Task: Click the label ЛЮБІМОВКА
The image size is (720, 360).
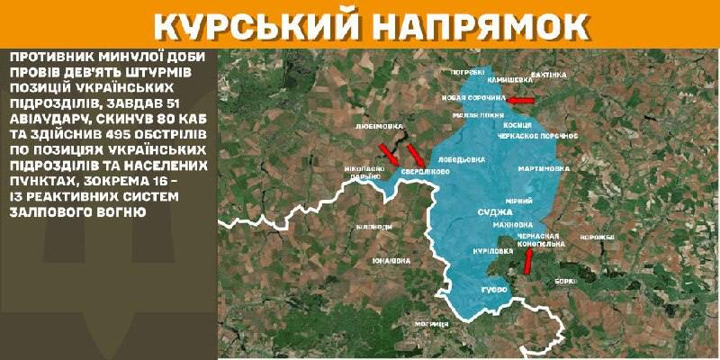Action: [x=378, y=126]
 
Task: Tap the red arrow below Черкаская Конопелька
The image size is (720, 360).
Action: [x=528, y=260]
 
